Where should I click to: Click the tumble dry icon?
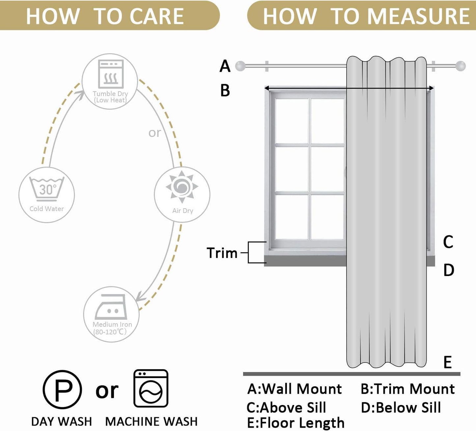(111, 74)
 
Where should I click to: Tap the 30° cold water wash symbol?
(47, 189)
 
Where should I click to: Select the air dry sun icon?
(182, 187)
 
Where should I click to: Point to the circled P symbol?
(62, 390)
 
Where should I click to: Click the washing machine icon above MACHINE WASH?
(151, 388)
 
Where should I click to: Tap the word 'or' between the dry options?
(154, 133)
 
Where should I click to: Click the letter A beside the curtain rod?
(225, 66)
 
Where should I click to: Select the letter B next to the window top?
(225, 90)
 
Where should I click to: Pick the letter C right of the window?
(448, 242)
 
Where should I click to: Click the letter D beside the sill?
(449, 270)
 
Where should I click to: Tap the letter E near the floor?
(447, 363)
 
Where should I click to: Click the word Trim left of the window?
(222, 253)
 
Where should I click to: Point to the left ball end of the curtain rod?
(240, 66)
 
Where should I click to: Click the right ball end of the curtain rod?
(461, 66)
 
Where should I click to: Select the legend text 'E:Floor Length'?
(295, 423)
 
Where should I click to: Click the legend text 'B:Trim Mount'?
(407, 389)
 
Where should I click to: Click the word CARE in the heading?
(157, 16)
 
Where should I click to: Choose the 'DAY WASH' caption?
(62, 421)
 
